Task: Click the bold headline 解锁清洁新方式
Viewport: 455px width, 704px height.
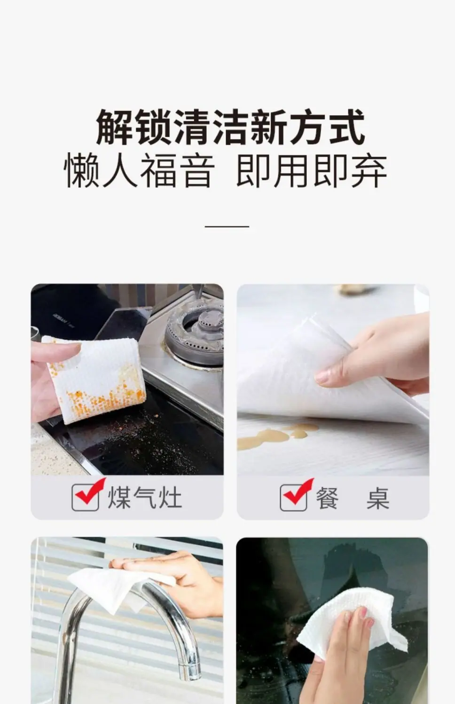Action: coord(230,128)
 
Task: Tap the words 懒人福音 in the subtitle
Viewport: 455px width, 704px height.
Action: coord(140,171)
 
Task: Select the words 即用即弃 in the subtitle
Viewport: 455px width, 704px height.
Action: coord(311,171)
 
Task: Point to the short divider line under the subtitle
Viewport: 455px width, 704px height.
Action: coord(227,226)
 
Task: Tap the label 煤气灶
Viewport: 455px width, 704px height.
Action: coord(145,498)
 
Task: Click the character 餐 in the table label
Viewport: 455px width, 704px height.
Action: coord(327,498)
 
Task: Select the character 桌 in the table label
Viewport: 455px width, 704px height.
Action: coord(377,498)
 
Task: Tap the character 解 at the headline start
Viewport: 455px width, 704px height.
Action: coord(114,128)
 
